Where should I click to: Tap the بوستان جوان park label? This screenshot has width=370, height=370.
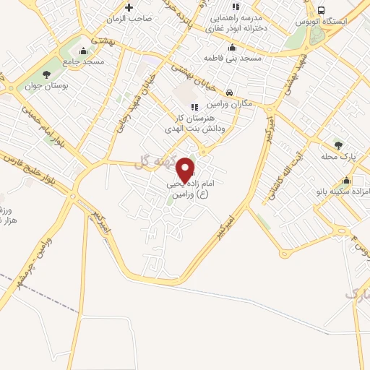46,86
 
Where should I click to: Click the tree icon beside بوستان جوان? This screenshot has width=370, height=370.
47,74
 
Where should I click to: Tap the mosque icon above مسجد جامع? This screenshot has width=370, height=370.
84,51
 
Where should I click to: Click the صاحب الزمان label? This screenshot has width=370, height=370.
132,19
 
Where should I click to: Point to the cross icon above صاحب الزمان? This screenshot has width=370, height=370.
129,7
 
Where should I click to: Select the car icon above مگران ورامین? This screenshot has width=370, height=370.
228,92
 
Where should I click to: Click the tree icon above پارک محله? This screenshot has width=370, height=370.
336,144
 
